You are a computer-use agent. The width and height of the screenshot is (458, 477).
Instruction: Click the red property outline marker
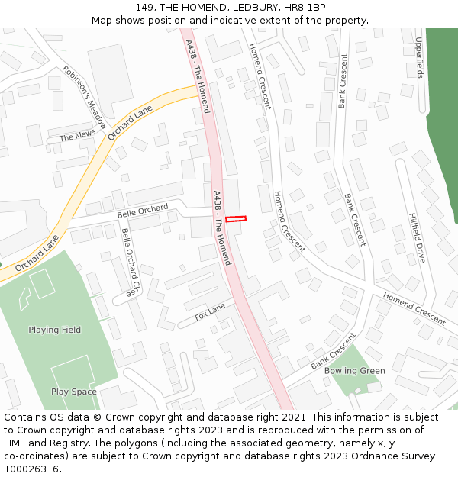[236, 219]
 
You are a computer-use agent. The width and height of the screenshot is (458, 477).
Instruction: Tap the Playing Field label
[54, 330]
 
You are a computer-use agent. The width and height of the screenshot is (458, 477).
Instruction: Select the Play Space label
[74, 392]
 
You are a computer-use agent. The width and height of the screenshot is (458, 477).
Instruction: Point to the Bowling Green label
[354, 371]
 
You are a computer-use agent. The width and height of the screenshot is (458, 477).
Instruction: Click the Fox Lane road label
[211, 311]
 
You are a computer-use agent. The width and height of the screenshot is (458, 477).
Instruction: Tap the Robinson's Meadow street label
[85, 97]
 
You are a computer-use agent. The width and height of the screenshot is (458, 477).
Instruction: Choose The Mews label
[77, 137]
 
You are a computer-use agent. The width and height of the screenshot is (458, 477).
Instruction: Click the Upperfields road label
[419, 58]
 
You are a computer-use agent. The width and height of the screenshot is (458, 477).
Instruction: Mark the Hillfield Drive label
[417, 237]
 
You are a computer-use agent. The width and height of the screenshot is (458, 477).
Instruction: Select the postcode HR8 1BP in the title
[306, 8]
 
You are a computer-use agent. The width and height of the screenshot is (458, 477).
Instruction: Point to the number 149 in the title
[145, 8]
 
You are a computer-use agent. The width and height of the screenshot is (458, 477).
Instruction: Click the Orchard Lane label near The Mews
[130, 123]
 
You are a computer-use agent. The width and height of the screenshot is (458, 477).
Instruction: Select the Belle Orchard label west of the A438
[142, 211]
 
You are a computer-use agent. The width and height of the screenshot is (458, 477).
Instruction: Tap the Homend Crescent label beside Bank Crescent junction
[414, 308]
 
